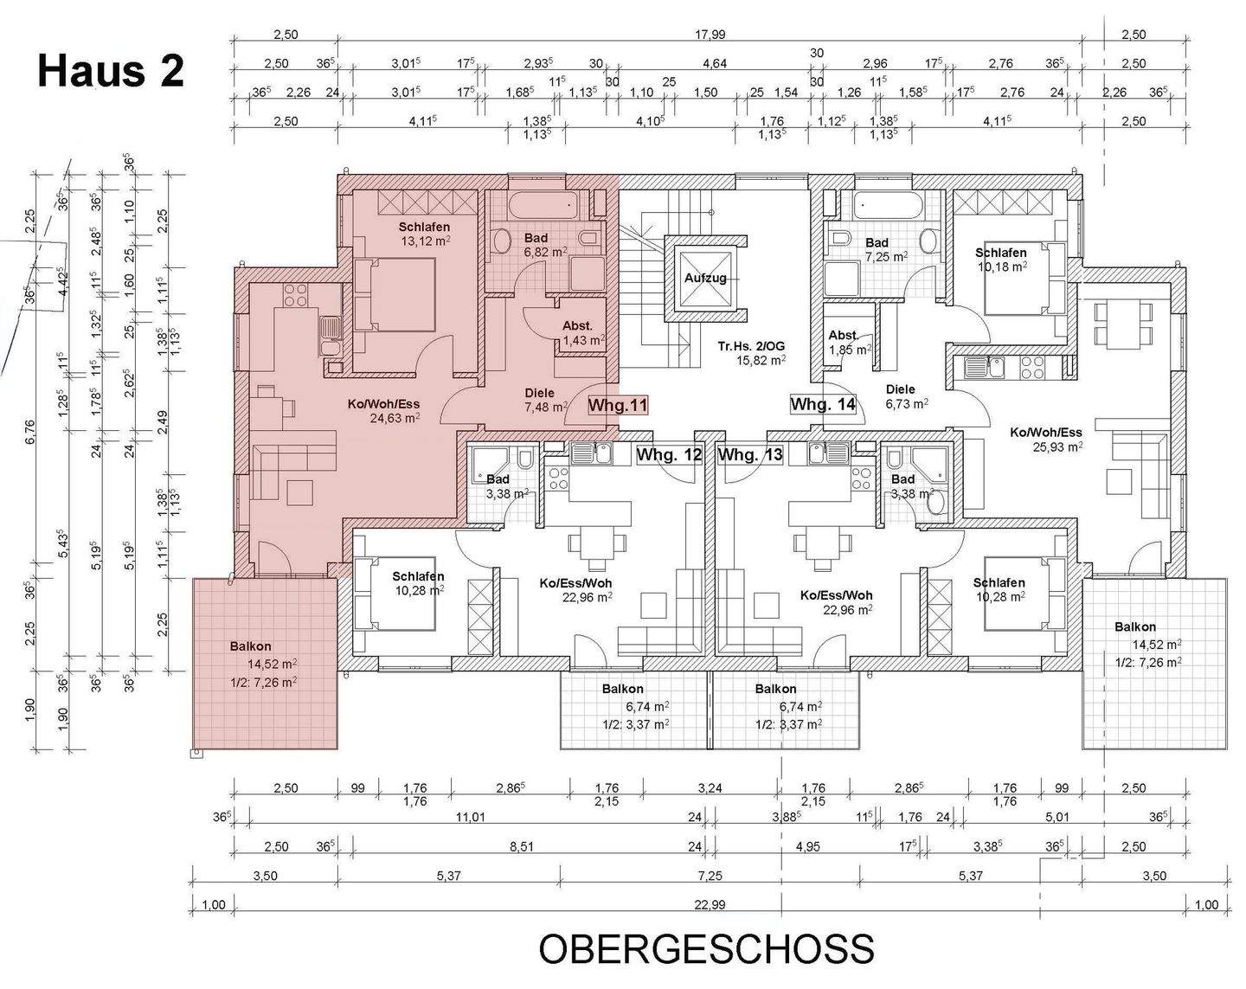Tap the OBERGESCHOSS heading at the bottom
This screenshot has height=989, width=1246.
[x=706, y=949]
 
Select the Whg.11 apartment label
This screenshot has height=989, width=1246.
[x=618, y=405]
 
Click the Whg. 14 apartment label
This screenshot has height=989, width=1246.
[x=822, y=404]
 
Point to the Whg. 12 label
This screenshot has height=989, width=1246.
[x=668, y=454]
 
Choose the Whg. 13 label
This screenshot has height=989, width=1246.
[x=750, y=454]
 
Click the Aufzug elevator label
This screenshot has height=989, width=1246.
[x=705, y=278]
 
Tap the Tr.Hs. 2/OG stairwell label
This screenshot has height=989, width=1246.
[x=751, y=346]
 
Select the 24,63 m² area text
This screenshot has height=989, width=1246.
[x=395, y=417]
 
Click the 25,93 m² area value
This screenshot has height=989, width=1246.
[x=1057, y=447]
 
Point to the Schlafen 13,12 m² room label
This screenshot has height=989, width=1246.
[x=424, y=234]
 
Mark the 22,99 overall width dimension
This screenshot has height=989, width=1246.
[x=709, y=905]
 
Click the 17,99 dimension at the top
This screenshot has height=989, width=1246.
[x=709, y=35]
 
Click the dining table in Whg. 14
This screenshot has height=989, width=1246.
[x=1121, y=322]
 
